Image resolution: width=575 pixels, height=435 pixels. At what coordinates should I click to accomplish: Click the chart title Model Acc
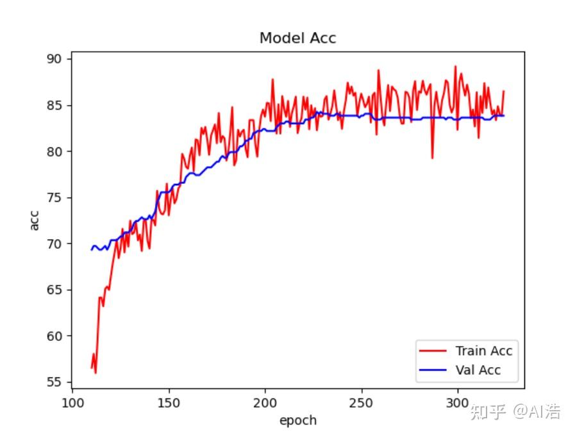click(x=297, y=38)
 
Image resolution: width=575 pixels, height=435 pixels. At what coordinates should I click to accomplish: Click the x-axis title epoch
click(x=297, y=421)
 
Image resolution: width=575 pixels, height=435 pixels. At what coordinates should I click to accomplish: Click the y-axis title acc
click(x=35, y=220)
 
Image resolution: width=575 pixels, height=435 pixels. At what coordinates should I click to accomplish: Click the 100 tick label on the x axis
click(x=72, y=403)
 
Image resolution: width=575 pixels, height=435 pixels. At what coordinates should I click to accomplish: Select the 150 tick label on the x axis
click(x=169, y=403)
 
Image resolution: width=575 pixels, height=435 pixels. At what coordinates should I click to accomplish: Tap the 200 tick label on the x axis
click(x=265, y=403)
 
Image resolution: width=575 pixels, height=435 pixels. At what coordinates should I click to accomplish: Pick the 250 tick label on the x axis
click(x=361, y=403)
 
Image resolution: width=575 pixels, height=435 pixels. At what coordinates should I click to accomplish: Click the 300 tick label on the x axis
click(x=457, y=403)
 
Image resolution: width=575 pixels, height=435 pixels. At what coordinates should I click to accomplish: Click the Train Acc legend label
click(x=484, y=350)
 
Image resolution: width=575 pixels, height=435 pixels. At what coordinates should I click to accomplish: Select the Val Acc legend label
click(x=478, y=370)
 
